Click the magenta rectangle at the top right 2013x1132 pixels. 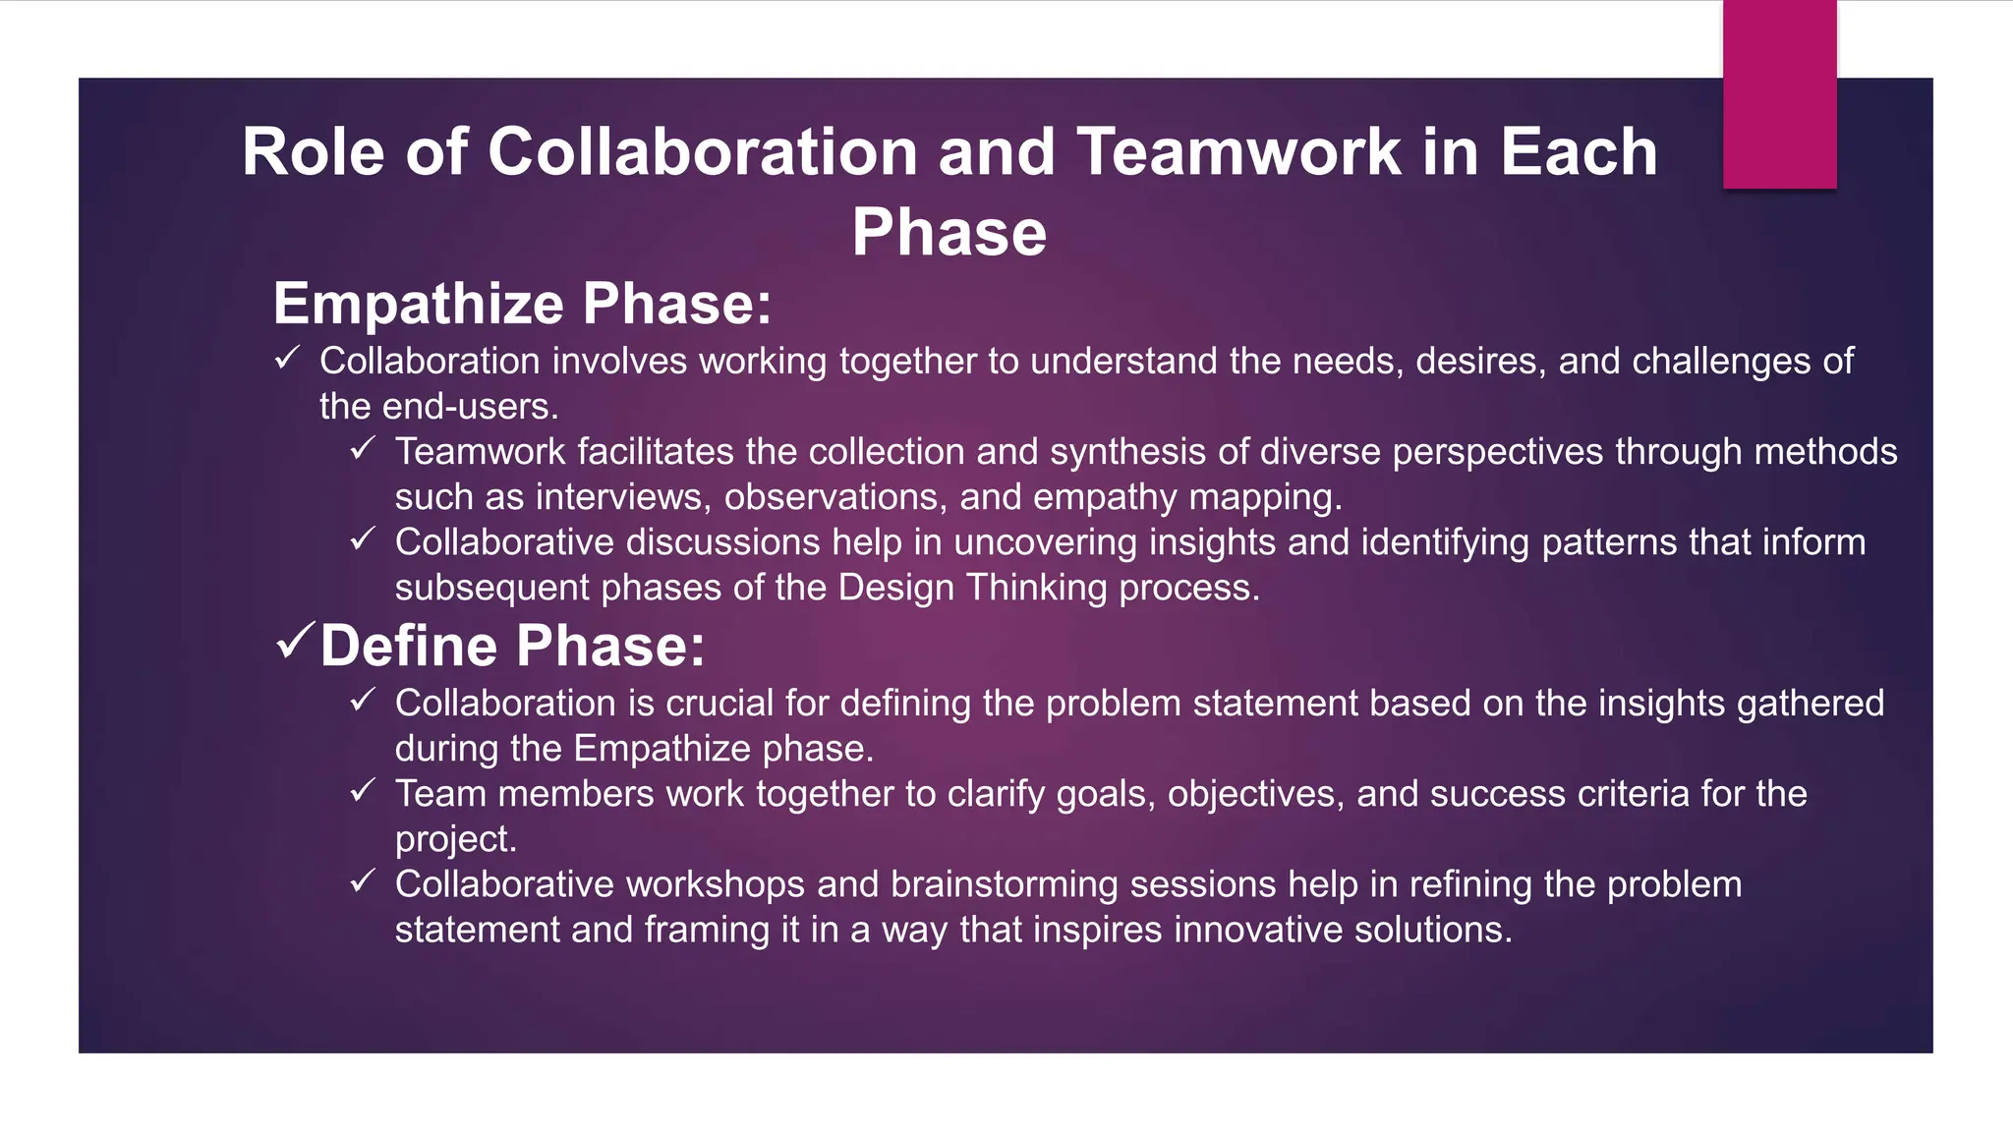(1779, 94)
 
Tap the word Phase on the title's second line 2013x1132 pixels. (949, 233)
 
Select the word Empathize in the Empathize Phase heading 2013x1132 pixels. (418, 304)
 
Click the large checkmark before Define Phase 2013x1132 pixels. (296, 642)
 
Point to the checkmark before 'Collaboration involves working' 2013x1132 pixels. (287, 359)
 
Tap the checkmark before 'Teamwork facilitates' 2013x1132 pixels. (363, 449)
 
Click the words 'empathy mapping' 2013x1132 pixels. (1186, 497)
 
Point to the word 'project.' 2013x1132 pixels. (455, 839)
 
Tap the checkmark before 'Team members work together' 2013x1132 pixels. (363, 791)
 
